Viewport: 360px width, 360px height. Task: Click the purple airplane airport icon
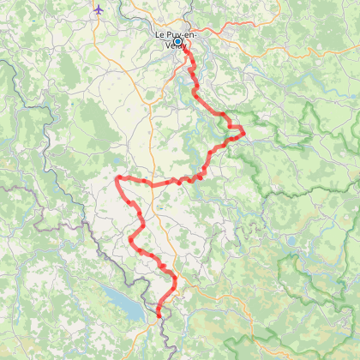(99, 9)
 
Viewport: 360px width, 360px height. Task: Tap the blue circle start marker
(178, 41)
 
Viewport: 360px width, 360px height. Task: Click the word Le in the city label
(159, 34)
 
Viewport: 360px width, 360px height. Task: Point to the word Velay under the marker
(163, 47)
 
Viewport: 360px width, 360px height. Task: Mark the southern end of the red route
(159, 315)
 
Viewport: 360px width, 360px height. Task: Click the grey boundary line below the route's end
(163, 330)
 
